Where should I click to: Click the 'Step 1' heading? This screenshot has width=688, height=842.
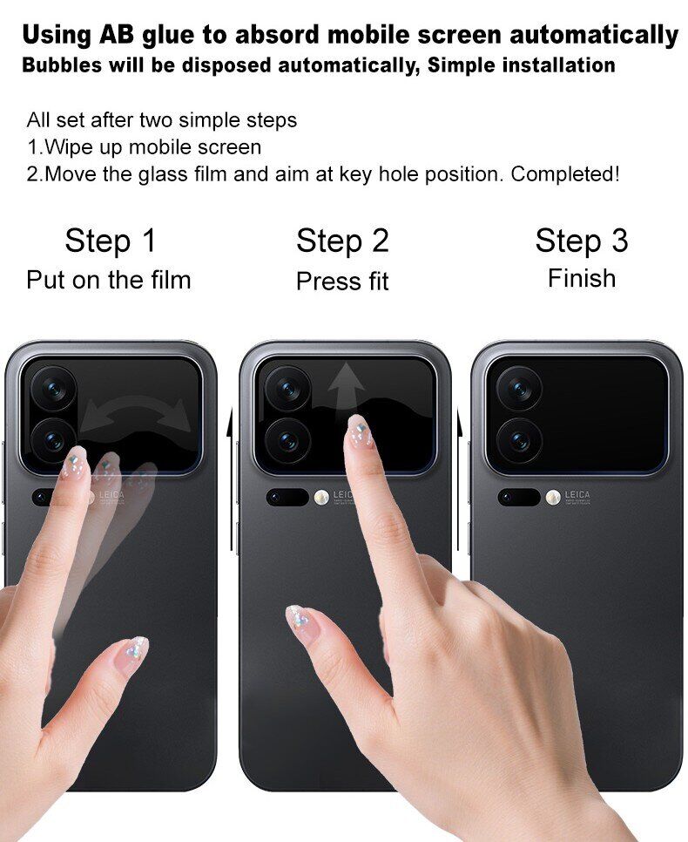point(110,241)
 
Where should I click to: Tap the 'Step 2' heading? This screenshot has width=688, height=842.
point(342,241)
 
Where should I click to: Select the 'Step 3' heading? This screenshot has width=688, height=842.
point(581,241)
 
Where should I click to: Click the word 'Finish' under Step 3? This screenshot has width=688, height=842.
point(582,278)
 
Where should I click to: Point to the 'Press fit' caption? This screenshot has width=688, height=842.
point(342,281)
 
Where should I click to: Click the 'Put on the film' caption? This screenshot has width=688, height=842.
point(108,280)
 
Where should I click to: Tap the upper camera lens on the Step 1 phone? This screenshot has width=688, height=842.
point(54,388)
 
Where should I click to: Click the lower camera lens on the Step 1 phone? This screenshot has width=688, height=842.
point(52,440)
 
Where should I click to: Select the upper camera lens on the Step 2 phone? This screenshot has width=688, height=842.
point(287,388)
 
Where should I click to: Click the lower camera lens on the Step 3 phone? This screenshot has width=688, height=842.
point(519,440)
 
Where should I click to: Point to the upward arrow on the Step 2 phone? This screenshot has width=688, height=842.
point(346,390)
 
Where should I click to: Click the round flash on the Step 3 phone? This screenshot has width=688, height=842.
point(553,497)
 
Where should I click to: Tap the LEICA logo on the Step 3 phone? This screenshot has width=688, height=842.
point(577,494)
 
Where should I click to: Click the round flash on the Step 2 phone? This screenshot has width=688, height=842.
point(321,497)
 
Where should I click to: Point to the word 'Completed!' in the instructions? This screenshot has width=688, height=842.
point(565,174)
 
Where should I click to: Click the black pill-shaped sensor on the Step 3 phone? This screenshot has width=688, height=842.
point(519,497)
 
